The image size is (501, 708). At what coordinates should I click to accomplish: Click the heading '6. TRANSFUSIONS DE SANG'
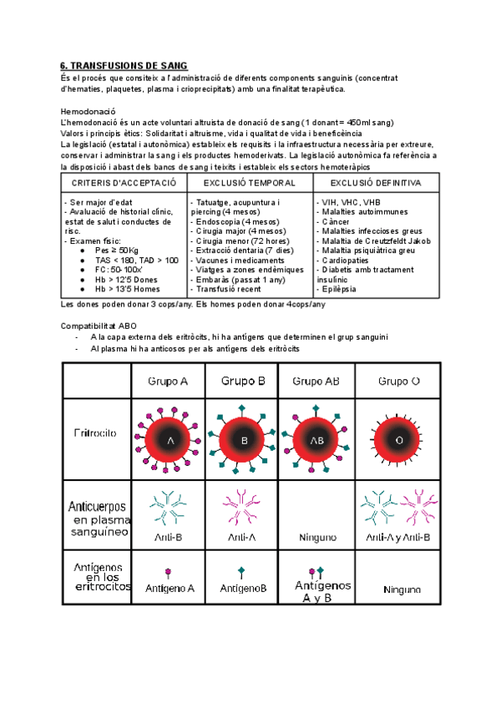click(124, 66)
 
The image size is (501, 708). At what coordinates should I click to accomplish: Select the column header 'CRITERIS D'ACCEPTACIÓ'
click(124, 183)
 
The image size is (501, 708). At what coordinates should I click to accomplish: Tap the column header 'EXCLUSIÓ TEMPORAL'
click(250, 183)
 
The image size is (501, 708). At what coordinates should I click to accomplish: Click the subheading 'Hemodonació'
click(88, 112)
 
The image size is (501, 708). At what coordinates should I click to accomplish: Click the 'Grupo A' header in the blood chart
click(168, 382)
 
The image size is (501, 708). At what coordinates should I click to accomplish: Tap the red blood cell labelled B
click(244, 439)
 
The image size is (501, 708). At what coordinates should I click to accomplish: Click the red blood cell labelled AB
click(317, 439)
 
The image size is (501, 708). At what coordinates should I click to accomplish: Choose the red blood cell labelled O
click(398, 439)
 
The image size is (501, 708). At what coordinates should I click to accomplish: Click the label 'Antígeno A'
click(169, 588)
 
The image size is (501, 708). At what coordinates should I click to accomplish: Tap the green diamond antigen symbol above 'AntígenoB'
click(242, 572)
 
